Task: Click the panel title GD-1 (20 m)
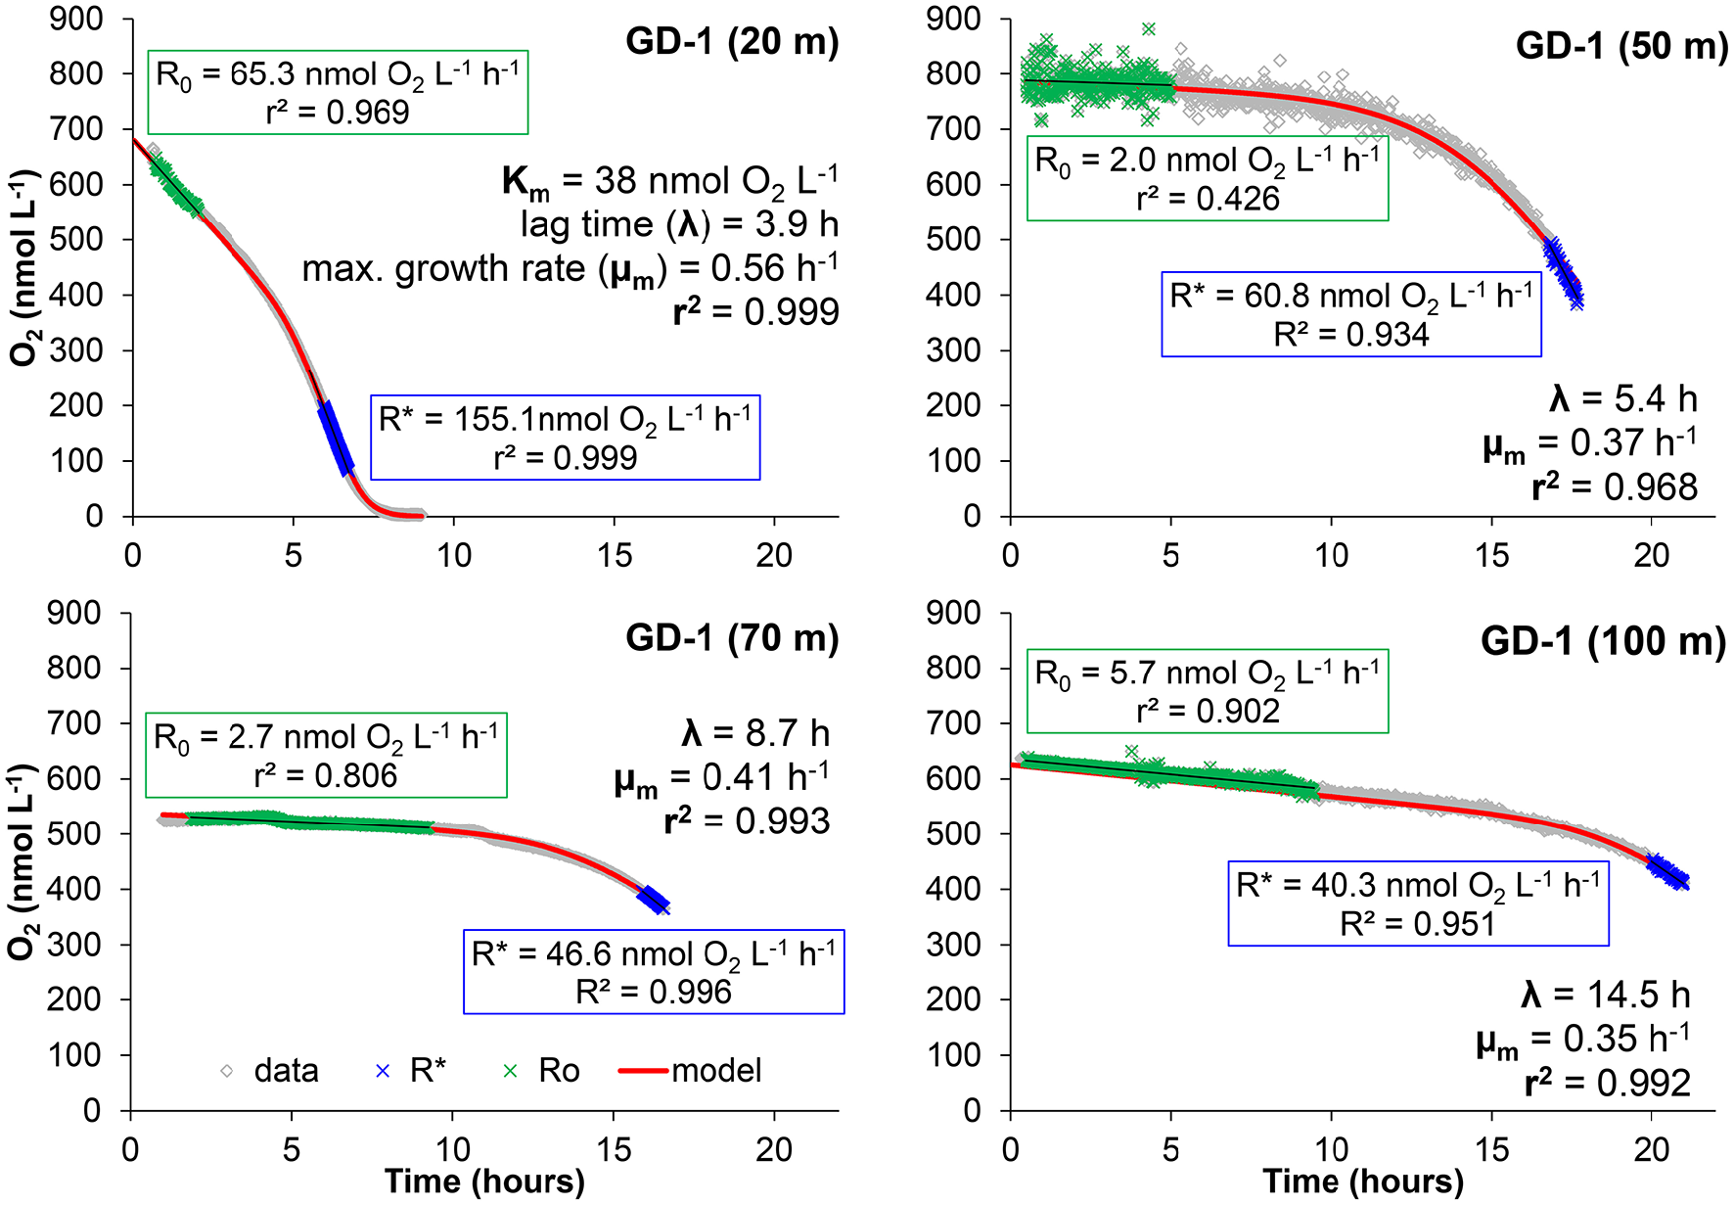click(x=732, y=42)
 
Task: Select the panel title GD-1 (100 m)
click(x=1603, y=641)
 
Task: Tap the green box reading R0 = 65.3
click(x=338, y=92)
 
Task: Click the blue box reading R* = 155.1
click(x=565, y=438)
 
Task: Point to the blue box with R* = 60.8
click(x=1350, y=314)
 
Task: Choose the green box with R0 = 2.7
click(x=326, y=755)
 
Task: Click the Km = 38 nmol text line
click(x=669, y=181)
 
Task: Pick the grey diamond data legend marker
click(x=227, y=1071)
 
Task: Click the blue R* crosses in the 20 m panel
click(x=337, y=439)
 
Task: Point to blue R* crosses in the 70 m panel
click(x=654, y=900)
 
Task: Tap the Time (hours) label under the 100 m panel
click(x=1362, y=1182)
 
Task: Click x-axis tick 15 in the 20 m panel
click(x=615, y=555)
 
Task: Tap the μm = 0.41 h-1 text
click(x=721, y=778)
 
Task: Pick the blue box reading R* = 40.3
click(x=1418, y=904)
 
